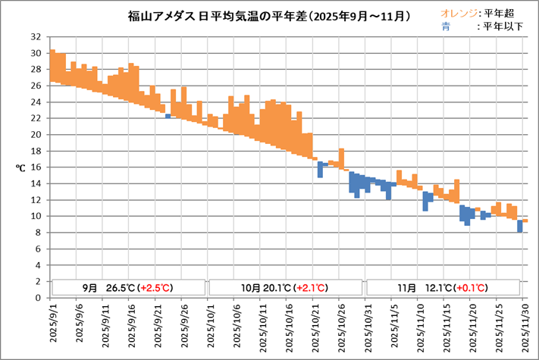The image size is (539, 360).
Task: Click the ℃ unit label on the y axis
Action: (20, 167)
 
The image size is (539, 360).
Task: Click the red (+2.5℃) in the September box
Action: (155, 288)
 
